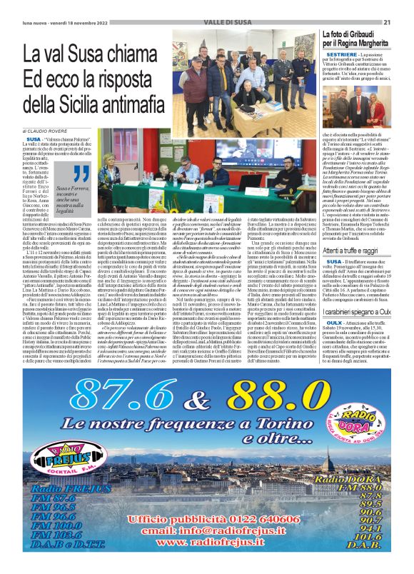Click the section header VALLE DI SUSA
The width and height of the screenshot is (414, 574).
(207, 22)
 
